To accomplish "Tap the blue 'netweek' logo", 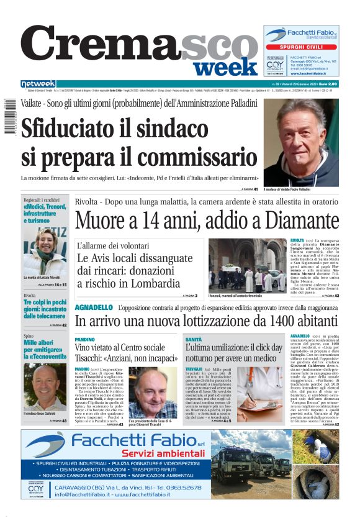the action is click(38, 84).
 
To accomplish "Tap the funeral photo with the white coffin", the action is click(246, 266).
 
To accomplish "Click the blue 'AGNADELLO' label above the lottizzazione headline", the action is click(93, 307).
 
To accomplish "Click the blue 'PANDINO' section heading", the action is click(84, 340).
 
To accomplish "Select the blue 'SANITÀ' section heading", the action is click(193, 340).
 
